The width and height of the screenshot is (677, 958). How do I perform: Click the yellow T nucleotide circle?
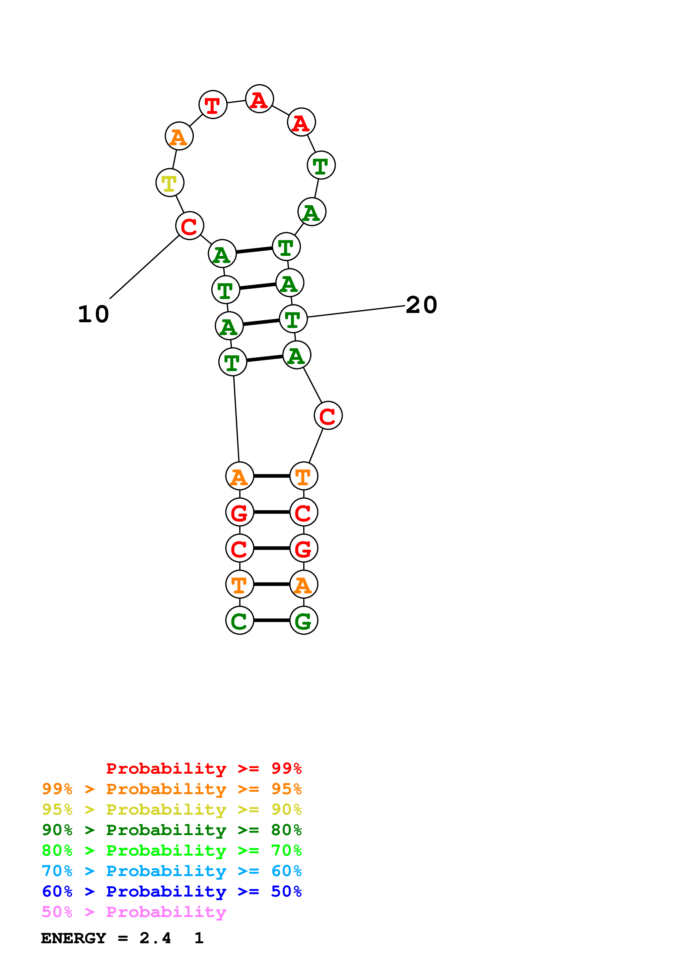pyautogui.click(x=170, y=182)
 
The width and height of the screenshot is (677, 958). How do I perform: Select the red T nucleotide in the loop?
pyautogui.click(x=213, y=104)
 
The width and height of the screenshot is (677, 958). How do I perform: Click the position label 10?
pyautogui.click(x=93, y=314)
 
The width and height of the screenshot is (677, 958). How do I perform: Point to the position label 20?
pyautogui.click(x=421, y=305)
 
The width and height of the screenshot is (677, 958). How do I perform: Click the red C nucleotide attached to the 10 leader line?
pyautogui.click(x=189, y=226)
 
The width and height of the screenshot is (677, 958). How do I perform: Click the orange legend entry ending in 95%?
pyautogui.click(x=172, y=789)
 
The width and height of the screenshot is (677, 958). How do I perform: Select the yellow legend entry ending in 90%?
pyautogui.click(x=172, y=809)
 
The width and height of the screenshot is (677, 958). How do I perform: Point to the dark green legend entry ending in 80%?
pyautogui.click(x=172, y=830)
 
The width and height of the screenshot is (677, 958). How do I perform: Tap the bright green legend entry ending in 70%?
pyautogui.click(x=172, y=850)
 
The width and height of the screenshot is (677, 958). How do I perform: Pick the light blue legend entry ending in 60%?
pyautogui.click(x=172, y=871)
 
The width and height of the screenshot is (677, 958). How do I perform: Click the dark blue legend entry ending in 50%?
pyautogui.click(x=172, y=891)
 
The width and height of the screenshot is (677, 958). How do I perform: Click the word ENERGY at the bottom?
pyautogui.click(x=73, y=938)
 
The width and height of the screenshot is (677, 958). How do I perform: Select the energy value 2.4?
pyautogui.click(x=155, y=938)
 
